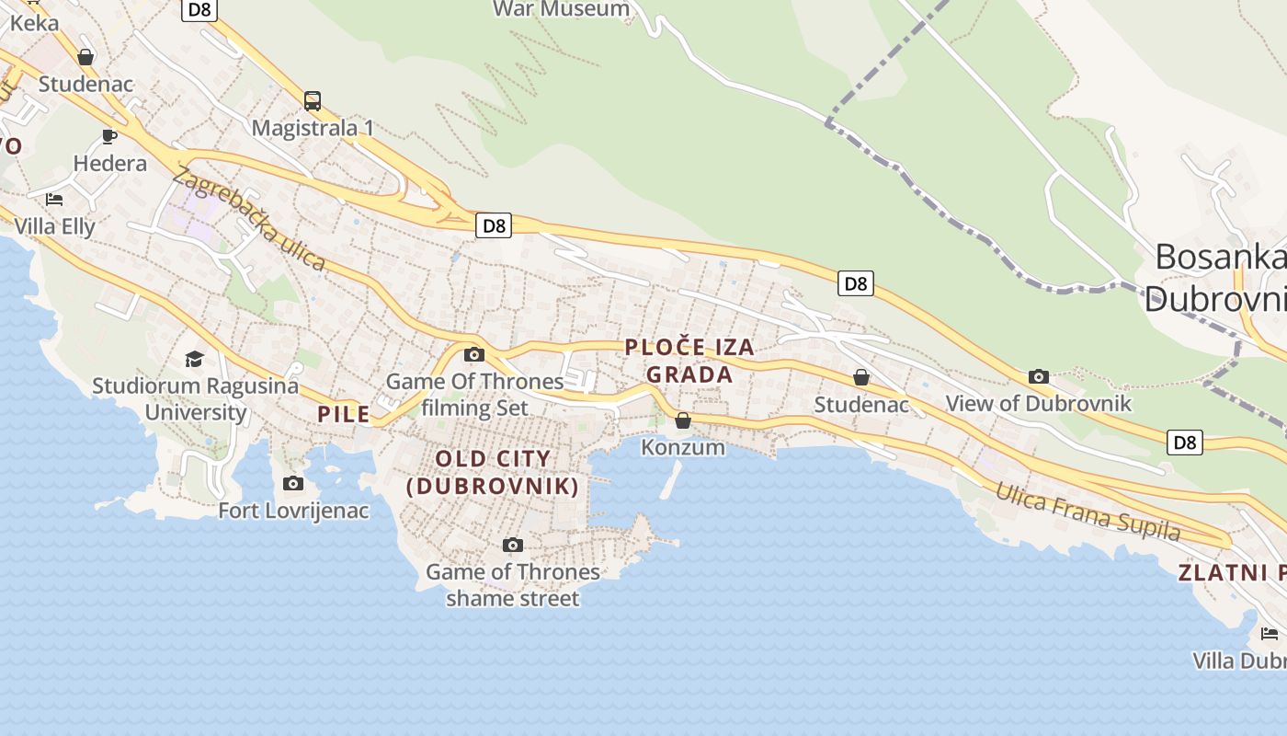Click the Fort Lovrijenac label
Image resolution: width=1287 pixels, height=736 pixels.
(x=293, y=510)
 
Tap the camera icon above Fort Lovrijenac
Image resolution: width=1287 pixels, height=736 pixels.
(x=293, y=483)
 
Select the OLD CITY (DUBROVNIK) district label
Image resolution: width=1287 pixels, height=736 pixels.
(x=493, y=472)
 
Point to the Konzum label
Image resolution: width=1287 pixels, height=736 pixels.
(x=683, y=448)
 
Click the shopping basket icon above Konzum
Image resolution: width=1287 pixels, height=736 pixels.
(x=683, y=420)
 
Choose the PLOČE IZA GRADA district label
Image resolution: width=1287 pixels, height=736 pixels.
(x=689, y=361)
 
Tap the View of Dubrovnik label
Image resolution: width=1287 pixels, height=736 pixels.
(x=1039, y=403)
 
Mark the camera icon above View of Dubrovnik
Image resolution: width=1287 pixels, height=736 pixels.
(x=1039, y=376)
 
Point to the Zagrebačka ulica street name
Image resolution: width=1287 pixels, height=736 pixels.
(x=248, y=219)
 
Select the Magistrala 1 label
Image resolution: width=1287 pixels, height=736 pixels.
(x=313, y=128)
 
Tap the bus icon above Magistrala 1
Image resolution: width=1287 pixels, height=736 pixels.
(x=313, y=100)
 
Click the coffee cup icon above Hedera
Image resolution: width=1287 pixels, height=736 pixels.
(x=109, y=137)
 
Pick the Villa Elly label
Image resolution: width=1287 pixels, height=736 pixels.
(x=55, y=225)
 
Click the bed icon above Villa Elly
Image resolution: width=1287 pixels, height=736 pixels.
(x=54, y=199)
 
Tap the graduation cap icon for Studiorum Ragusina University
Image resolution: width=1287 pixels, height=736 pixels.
(x=194, y=359)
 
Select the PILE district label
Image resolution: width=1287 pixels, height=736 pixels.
(x=344, y=414)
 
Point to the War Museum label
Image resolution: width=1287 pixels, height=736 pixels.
(x=561, y=9)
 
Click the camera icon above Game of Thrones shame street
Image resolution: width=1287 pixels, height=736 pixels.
(x=513, y=546)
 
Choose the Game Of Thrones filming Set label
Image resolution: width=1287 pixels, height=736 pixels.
(x=474, y=394)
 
